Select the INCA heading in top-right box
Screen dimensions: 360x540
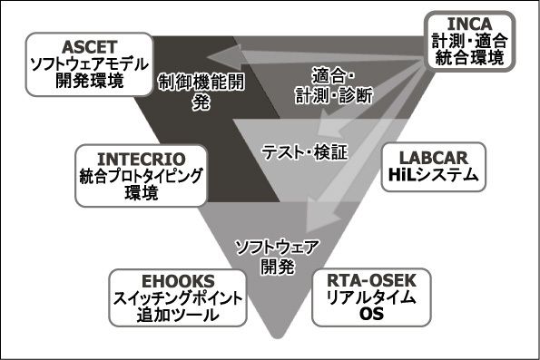469,22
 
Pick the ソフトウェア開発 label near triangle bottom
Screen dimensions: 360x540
269,256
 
